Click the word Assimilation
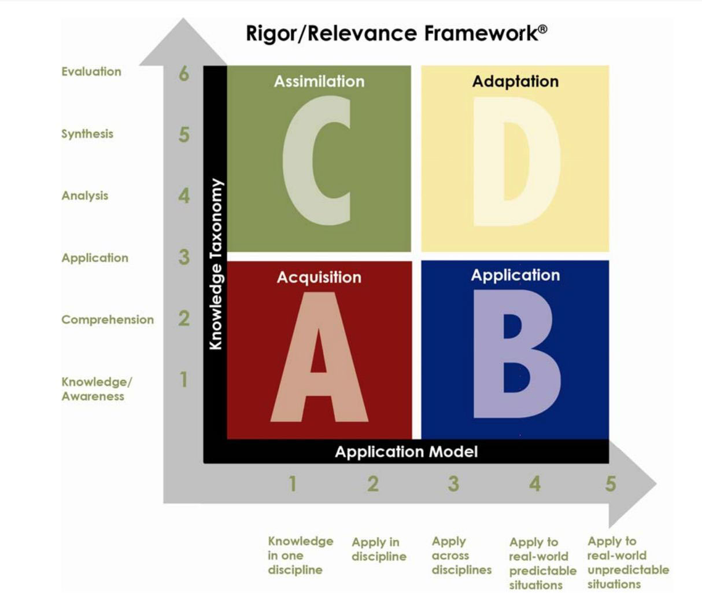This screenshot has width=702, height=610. coord(319,82)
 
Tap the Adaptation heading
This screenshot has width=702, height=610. coord(515,82)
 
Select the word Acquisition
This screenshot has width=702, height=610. coord(319,277)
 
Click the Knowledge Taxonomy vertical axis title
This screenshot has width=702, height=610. coord(216,264)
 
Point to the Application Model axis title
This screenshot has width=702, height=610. coord(407,452)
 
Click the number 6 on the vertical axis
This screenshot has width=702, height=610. coord(184,74)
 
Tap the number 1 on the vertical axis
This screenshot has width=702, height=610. coord(184,379)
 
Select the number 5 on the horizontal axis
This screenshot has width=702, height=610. coord(611,484)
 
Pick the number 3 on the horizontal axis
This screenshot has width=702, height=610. coord(453,484)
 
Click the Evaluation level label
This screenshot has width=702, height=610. coord(91,71)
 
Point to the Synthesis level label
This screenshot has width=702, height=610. coord(87,134)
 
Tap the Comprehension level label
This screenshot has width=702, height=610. coord(108,320)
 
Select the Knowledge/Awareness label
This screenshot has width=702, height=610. coord(97,389)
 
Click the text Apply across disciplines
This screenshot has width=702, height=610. coord(461,556)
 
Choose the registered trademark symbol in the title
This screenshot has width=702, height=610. coord(543,29)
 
